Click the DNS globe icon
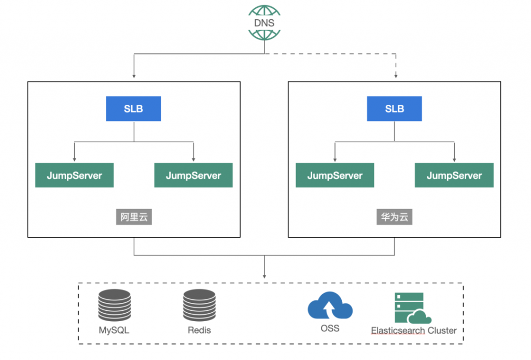tap(264, 23)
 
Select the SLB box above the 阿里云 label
tap(133, 109)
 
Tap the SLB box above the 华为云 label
tap(395, 109)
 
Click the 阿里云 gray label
tap(134, 217)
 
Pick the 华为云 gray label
tap(395, 217)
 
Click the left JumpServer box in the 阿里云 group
tap(75, 175)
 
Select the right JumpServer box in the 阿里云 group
tap(193, 175)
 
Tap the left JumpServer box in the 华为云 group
tap(335, 175)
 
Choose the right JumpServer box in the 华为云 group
tap(454, 175)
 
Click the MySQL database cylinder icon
tap(115, 305)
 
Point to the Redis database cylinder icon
tap(200, 305)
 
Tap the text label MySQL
tap(114, 330)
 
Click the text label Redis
tap(200, 330)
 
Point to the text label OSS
tap(330, 328)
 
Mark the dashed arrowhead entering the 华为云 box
tap(396, 76)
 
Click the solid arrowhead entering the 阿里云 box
tap(134, 76)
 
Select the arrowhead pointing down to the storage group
tap(264, 276)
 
